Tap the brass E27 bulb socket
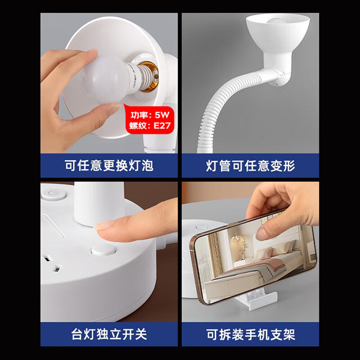point(150,76)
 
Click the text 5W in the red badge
point(162,115)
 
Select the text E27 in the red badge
point(162,125)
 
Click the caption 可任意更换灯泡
point(109,165)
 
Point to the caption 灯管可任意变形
point(250,165)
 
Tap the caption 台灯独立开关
point(109,334)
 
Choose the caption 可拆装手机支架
point(250,334)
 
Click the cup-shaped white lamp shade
point(277,39)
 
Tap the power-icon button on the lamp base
point(54,194)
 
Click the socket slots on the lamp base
point(52,263)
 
